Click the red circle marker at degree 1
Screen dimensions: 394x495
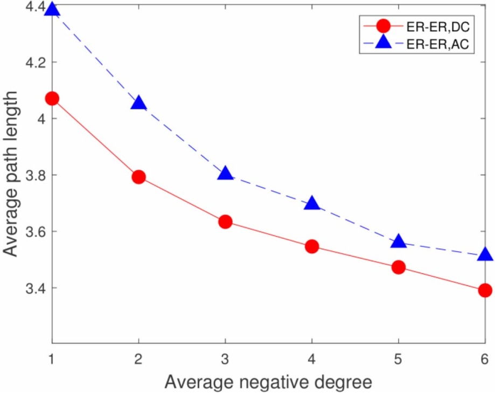(x=52, y=98)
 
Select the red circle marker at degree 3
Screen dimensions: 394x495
(x=225, y=222)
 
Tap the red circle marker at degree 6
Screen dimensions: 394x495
(x=485, y=290)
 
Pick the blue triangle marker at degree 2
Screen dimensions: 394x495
(x=139, y=102)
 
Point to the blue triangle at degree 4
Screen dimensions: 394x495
(x=312, y=203)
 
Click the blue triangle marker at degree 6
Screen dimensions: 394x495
(x=485, y=254)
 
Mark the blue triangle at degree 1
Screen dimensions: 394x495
(x=52, y=9)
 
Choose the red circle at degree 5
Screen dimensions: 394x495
(x=399, y=267)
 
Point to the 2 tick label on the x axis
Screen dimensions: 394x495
(x=139, y=358)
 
